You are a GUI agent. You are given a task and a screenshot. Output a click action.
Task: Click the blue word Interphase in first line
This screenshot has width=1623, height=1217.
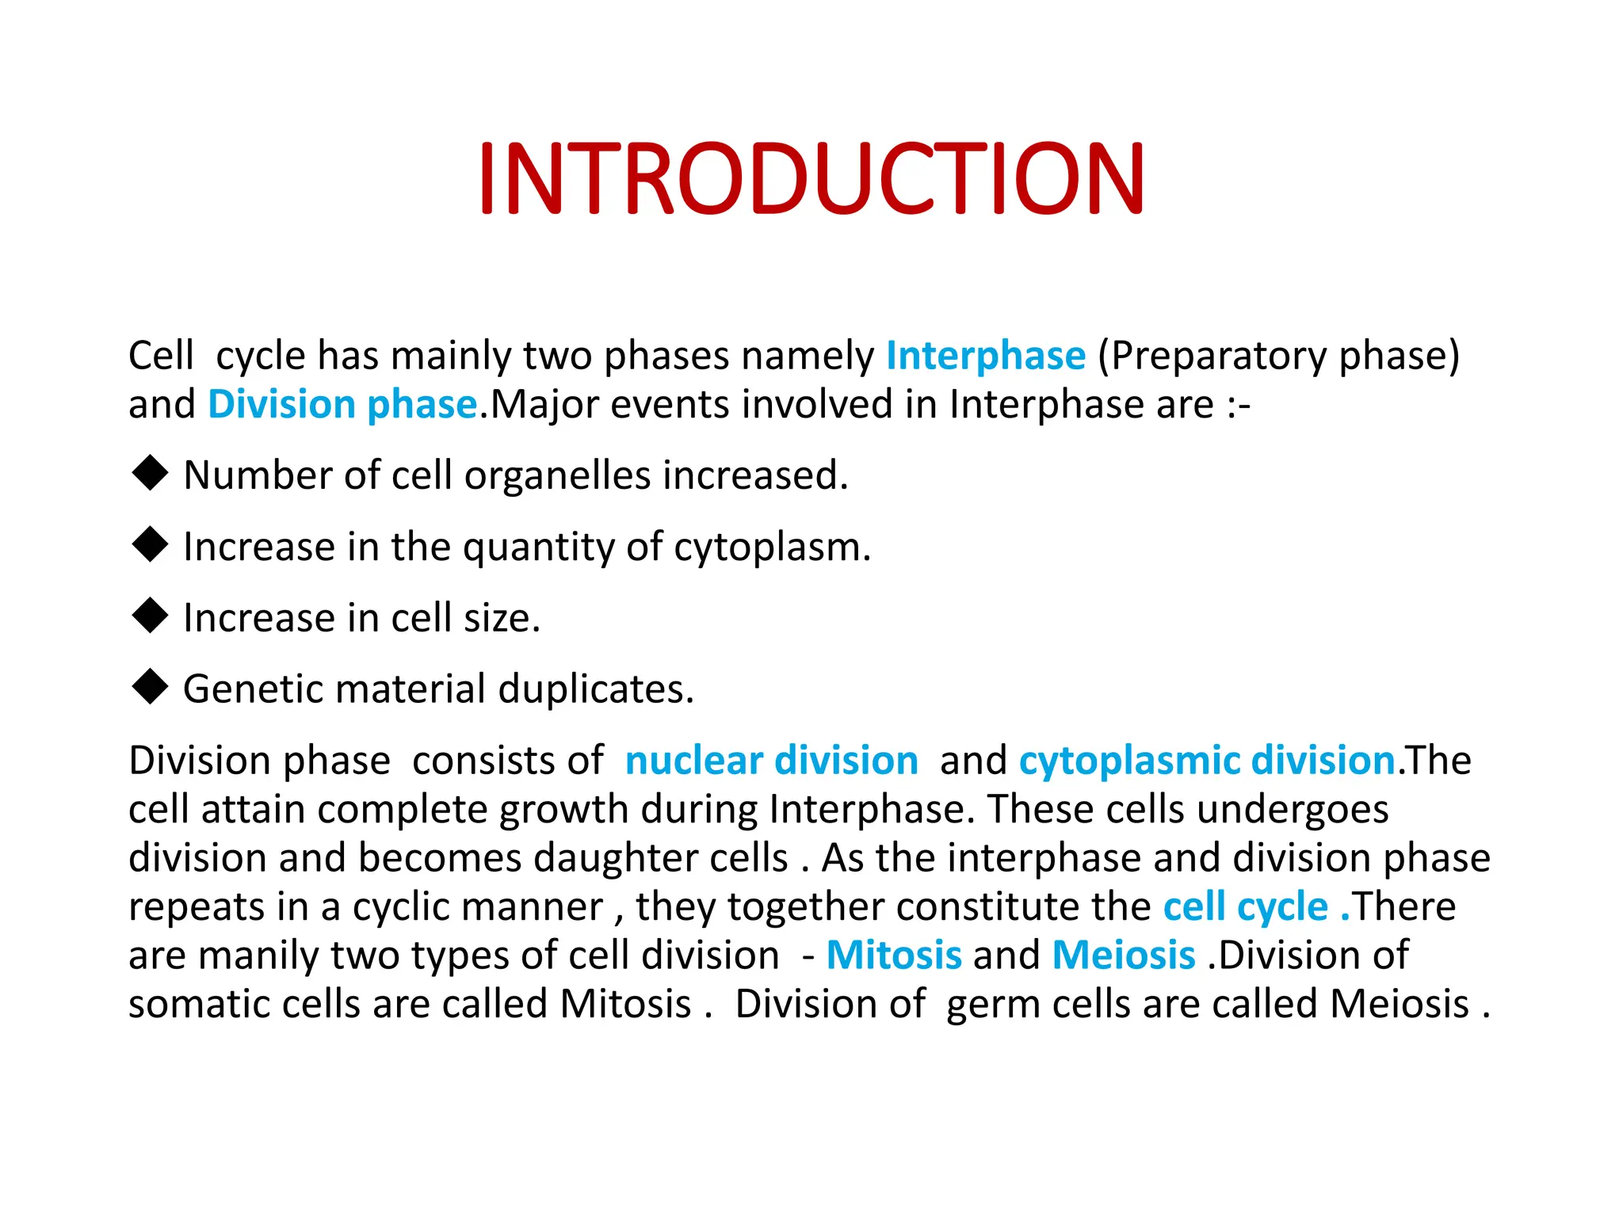[985, 356]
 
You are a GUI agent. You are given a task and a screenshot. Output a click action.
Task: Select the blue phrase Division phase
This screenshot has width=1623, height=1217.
[342, 405]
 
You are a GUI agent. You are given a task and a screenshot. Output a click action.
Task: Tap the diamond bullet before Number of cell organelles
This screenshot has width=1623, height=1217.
[150, 474]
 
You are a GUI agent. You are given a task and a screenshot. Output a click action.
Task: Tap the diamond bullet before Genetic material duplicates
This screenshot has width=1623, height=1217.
[150, 687]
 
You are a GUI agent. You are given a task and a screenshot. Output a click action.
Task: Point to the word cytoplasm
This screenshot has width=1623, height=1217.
[771, 547]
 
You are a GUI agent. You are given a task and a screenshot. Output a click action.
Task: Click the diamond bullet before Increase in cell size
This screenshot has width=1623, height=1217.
[150, 616]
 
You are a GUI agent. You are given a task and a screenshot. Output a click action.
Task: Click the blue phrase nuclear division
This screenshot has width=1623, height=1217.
[771, 761]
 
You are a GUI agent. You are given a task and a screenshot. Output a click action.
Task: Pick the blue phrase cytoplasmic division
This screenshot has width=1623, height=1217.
[1206, 761]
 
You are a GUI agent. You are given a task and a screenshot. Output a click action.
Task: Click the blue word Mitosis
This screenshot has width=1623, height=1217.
[894, 955]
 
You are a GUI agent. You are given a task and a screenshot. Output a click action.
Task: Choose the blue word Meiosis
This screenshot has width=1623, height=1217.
[1123, 955]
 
